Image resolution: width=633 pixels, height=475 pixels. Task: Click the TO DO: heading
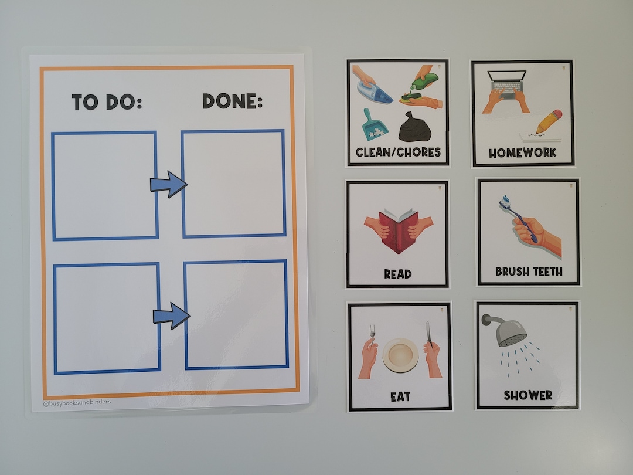tap(107, 102)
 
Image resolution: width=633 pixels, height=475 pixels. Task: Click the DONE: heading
tap(232, 101)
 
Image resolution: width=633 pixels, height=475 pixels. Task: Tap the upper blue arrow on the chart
tap(169, 184)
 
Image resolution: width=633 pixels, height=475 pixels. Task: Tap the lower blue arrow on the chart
tap(172, 315)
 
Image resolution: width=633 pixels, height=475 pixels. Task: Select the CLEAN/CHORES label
tap(397, 152)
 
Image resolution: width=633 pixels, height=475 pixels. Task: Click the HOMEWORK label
tap(523, 152)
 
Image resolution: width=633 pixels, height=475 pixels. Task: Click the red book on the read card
tap(399, 230)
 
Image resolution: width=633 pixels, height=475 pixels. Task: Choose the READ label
tap(397, 274)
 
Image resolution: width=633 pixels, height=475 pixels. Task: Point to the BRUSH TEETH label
tap(529, 272)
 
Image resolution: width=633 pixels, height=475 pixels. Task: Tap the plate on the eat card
tap(401, 355)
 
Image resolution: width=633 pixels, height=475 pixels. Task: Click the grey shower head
tap(508, 331)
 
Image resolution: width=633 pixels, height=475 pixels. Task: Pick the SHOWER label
tap(527, 395)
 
